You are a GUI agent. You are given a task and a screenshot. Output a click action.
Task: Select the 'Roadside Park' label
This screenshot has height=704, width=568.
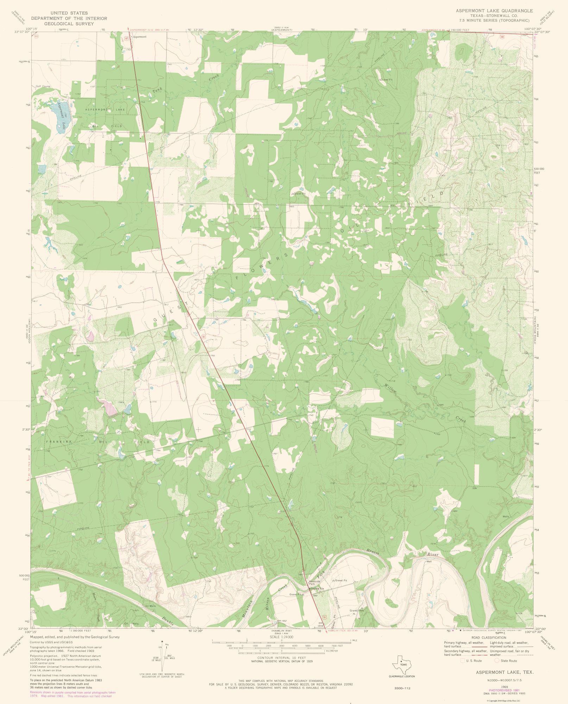[314, 583]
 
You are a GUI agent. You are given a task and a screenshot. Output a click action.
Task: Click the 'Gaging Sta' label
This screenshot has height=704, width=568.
[317, 589]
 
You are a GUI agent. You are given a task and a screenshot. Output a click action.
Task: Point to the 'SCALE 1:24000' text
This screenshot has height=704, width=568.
[282, 637]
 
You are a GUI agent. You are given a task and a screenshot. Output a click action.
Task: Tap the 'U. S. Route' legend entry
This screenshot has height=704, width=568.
[473, 661]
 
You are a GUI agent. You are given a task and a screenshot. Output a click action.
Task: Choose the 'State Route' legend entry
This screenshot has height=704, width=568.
[509, 661]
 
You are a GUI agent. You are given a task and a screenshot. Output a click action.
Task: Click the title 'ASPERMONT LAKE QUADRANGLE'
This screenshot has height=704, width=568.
[494, 11]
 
